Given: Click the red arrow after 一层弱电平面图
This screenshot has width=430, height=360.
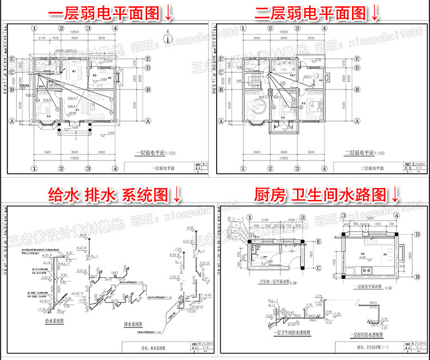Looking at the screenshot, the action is (169, 13).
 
